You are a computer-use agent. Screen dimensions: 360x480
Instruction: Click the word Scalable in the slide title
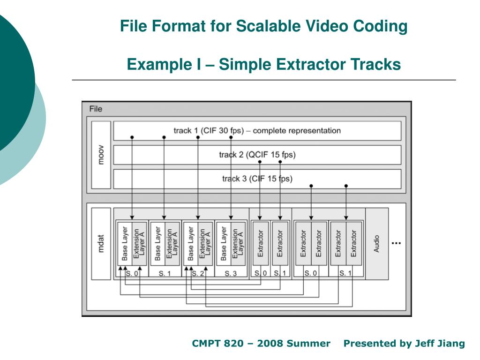click(x=264, y=26)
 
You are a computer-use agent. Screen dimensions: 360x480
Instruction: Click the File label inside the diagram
click(x=96, y=109)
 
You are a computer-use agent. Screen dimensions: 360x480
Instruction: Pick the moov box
click(x=101, y=155)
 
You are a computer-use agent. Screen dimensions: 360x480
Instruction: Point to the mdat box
click(x=101, y=243)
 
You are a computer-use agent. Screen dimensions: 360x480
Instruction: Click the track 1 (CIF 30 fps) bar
click(x=257, y=131)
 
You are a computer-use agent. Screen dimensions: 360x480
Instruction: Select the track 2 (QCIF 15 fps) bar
click(x=257, y=155)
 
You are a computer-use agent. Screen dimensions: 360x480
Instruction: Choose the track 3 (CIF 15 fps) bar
click(x=257, y=179)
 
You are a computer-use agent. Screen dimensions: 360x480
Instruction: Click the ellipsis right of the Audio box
click(x=396, y=243)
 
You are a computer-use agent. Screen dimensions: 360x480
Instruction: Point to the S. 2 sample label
click(x=197, y=273)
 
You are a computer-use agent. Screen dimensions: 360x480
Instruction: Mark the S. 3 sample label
click(x=230, y=273)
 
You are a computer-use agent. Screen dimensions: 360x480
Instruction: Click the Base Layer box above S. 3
click(x=224, y=244)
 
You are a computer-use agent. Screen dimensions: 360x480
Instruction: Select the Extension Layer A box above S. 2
click(x=205, y=244)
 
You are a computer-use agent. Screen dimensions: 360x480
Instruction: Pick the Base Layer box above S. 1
click(x=157, y=244)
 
